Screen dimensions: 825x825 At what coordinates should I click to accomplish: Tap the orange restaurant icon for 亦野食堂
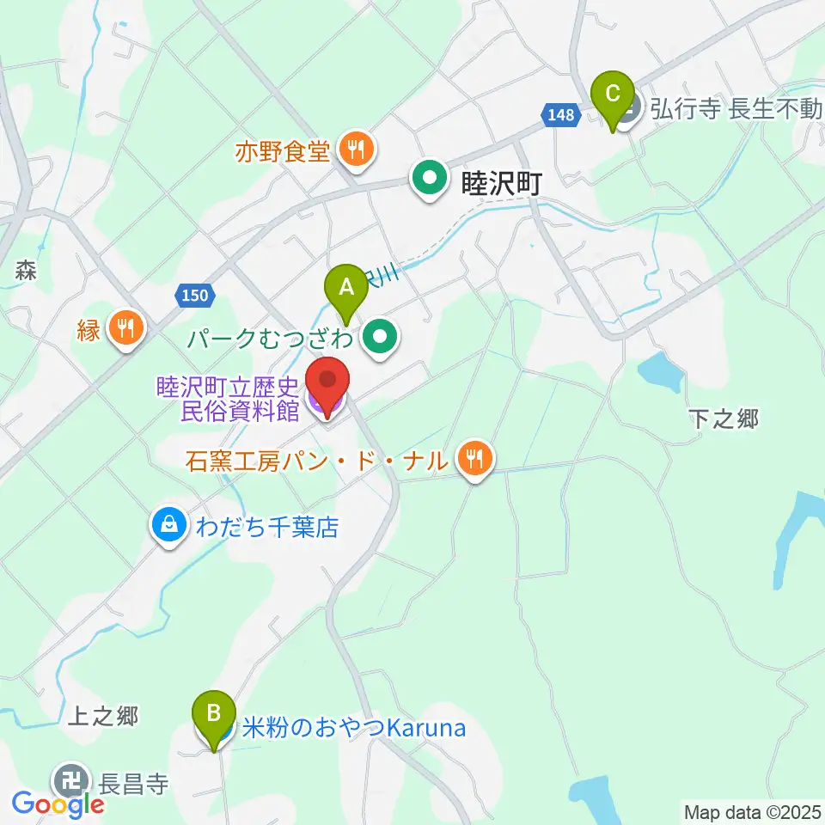(354, 150)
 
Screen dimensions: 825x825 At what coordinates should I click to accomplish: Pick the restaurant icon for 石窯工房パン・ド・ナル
(474, 461)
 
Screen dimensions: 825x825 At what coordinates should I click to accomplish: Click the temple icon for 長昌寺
(70, 782)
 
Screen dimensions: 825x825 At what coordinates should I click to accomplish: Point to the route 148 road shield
(559, 113)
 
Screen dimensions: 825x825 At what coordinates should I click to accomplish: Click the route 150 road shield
(195, 295)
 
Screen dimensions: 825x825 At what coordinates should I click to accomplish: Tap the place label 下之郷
(724, 419)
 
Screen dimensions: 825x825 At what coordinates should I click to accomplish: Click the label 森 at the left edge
(24, 271)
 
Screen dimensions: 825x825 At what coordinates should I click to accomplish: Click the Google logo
(58, 804)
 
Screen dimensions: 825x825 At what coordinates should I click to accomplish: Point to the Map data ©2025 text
(753, 811)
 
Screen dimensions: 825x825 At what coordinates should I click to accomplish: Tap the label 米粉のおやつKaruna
(354, 729)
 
